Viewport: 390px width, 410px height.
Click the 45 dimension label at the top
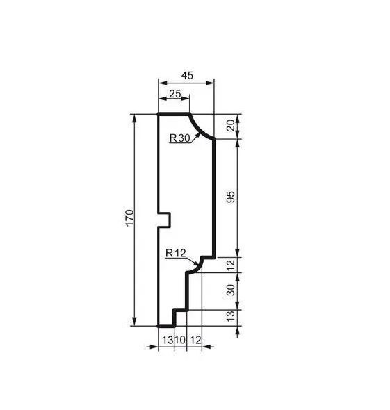[187, 75]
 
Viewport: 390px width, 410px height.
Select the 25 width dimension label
[174, 93]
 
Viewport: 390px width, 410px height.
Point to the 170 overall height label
[129, 218]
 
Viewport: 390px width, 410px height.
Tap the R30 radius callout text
[179, 138]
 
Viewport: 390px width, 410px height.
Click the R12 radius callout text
[176, 253]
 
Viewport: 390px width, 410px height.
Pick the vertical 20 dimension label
[231, 126]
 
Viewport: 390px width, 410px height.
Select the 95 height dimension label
[231, 197]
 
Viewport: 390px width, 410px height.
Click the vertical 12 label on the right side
[231, 265]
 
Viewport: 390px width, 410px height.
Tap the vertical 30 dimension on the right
[231, 290]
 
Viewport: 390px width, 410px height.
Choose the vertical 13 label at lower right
[231, 316]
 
